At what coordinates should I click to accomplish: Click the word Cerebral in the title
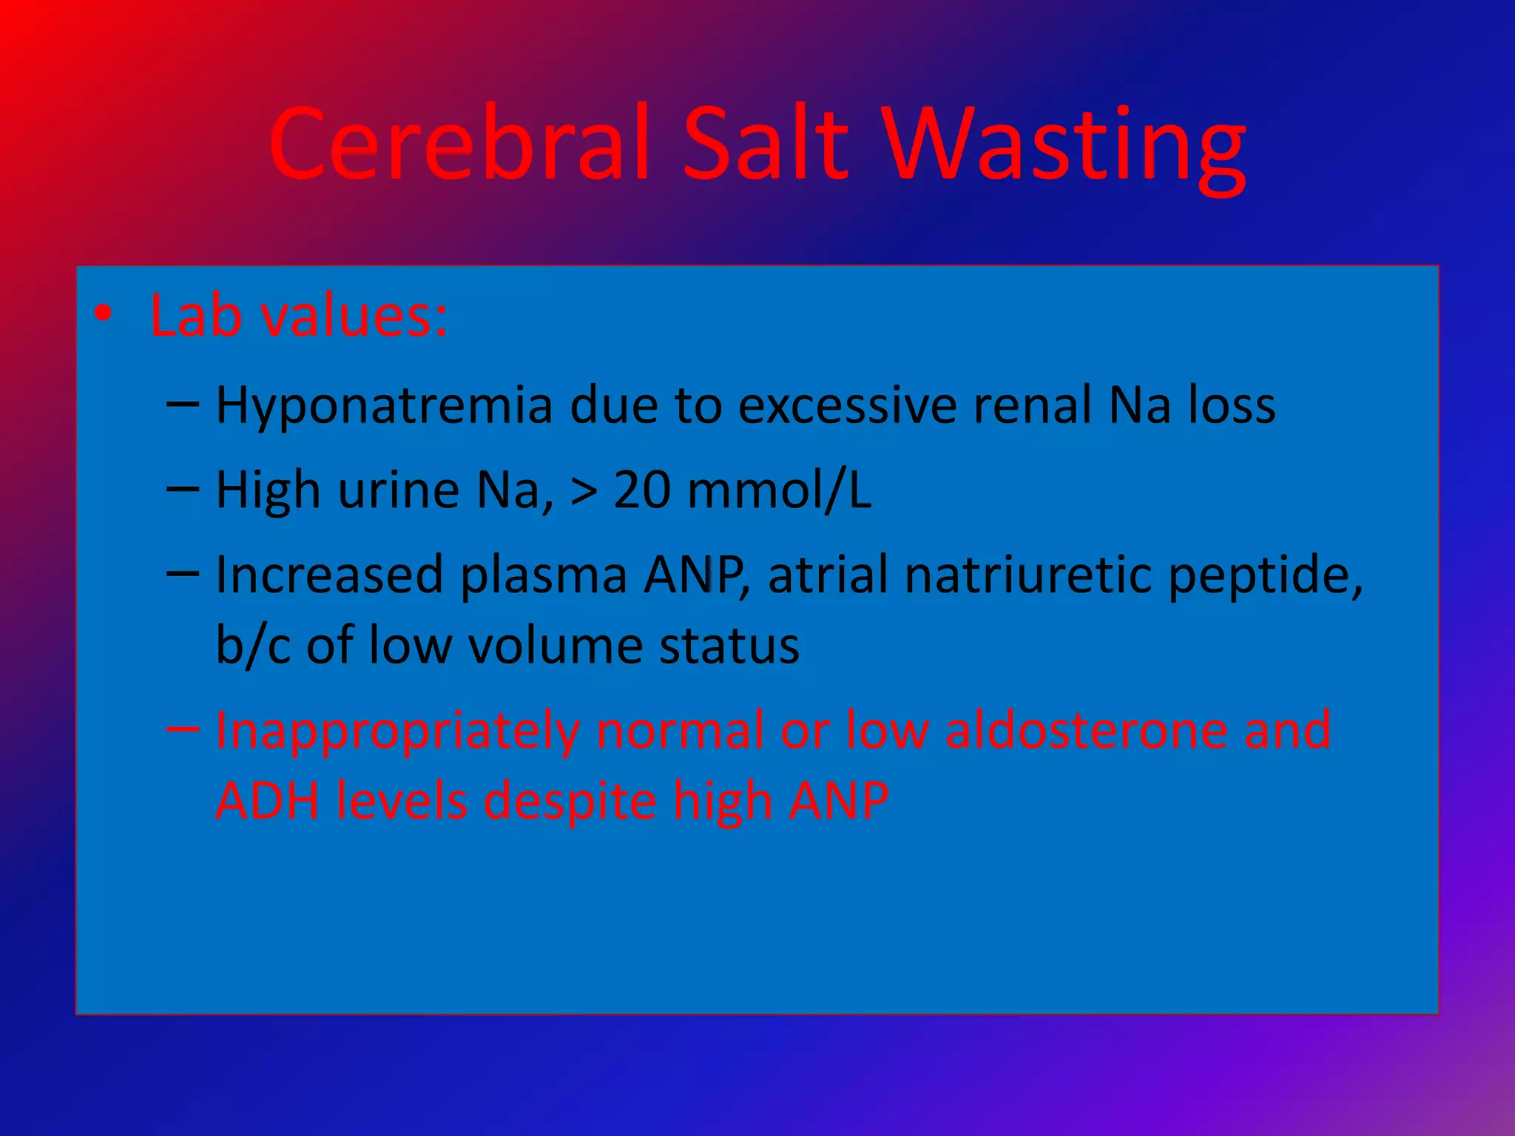[x=459, y=144]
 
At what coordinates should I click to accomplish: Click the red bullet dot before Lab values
[x=104, y=315]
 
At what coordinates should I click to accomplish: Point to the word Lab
[x=195, y=317]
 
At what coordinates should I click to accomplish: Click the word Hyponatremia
[x=384, y=407]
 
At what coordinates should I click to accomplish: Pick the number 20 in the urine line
[x=642, y=490]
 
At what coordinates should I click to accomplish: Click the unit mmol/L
[x=780, y=490]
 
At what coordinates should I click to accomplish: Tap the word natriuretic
[x=1028, y=575]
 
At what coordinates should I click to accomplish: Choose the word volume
[x=556, y=646]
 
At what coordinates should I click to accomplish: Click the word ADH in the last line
[x=267, y=801]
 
